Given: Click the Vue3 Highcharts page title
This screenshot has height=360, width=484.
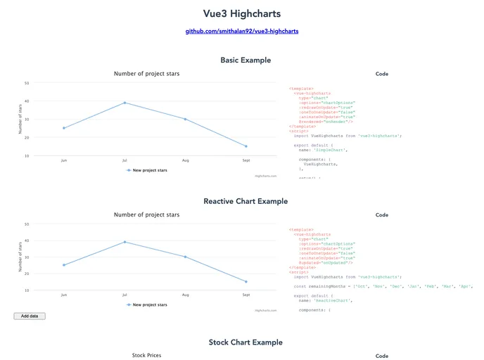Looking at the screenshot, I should click(241, 13).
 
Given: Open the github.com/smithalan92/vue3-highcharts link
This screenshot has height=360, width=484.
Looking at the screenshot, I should click(241, 31).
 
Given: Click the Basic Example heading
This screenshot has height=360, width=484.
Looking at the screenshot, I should click(246, 60).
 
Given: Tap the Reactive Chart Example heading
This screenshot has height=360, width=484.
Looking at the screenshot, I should click(246, 201).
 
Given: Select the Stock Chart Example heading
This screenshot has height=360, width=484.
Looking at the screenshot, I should click(246, 342).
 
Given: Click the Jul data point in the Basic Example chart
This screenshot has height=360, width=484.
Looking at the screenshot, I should click(125, 103).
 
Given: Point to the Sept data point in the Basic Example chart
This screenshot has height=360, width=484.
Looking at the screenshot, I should click(246, 146).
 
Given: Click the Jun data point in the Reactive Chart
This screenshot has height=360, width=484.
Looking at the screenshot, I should click(64, 265).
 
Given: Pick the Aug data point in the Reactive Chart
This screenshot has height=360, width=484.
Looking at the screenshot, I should click(186, 257).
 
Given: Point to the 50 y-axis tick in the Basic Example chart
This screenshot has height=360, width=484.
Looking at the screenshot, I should click(27, 83).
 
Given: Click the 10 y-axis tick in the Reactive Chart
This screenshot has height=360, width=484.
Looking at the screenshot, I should click(27, 290).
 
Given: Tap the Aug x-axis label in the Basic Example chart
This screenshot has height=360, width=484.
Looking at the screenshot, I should click(186, 161).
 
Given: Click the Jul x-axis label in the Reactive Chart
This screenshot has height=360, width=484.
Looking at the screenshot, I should click(125, 295).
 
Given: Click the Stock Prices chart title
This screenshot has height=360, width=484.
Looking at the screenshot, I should click(146, 356).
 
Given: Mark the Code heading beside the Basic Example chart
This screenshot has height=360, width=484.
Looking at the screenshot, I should click(382, 74).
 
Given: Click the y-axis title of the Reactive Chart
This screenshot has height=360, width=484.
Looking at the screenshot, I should click(20, 256).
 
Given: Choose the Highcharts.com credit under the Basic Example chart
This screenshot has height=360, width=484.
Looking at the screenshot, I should click(265, 176).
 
